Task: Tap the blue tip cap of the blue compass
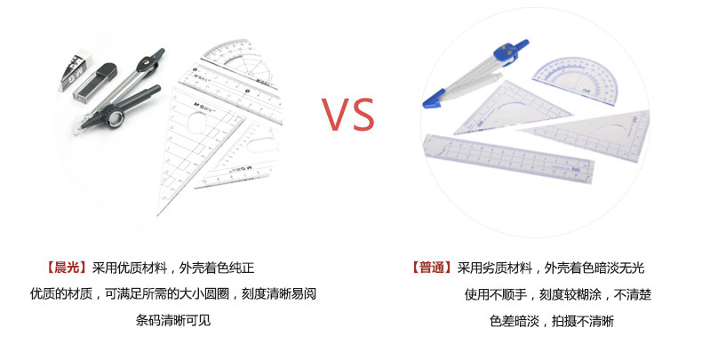pyautogui.click(x=436, y=95)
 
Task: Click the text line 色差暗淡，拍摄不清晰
pyautogui.click(x=552, y=321)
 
